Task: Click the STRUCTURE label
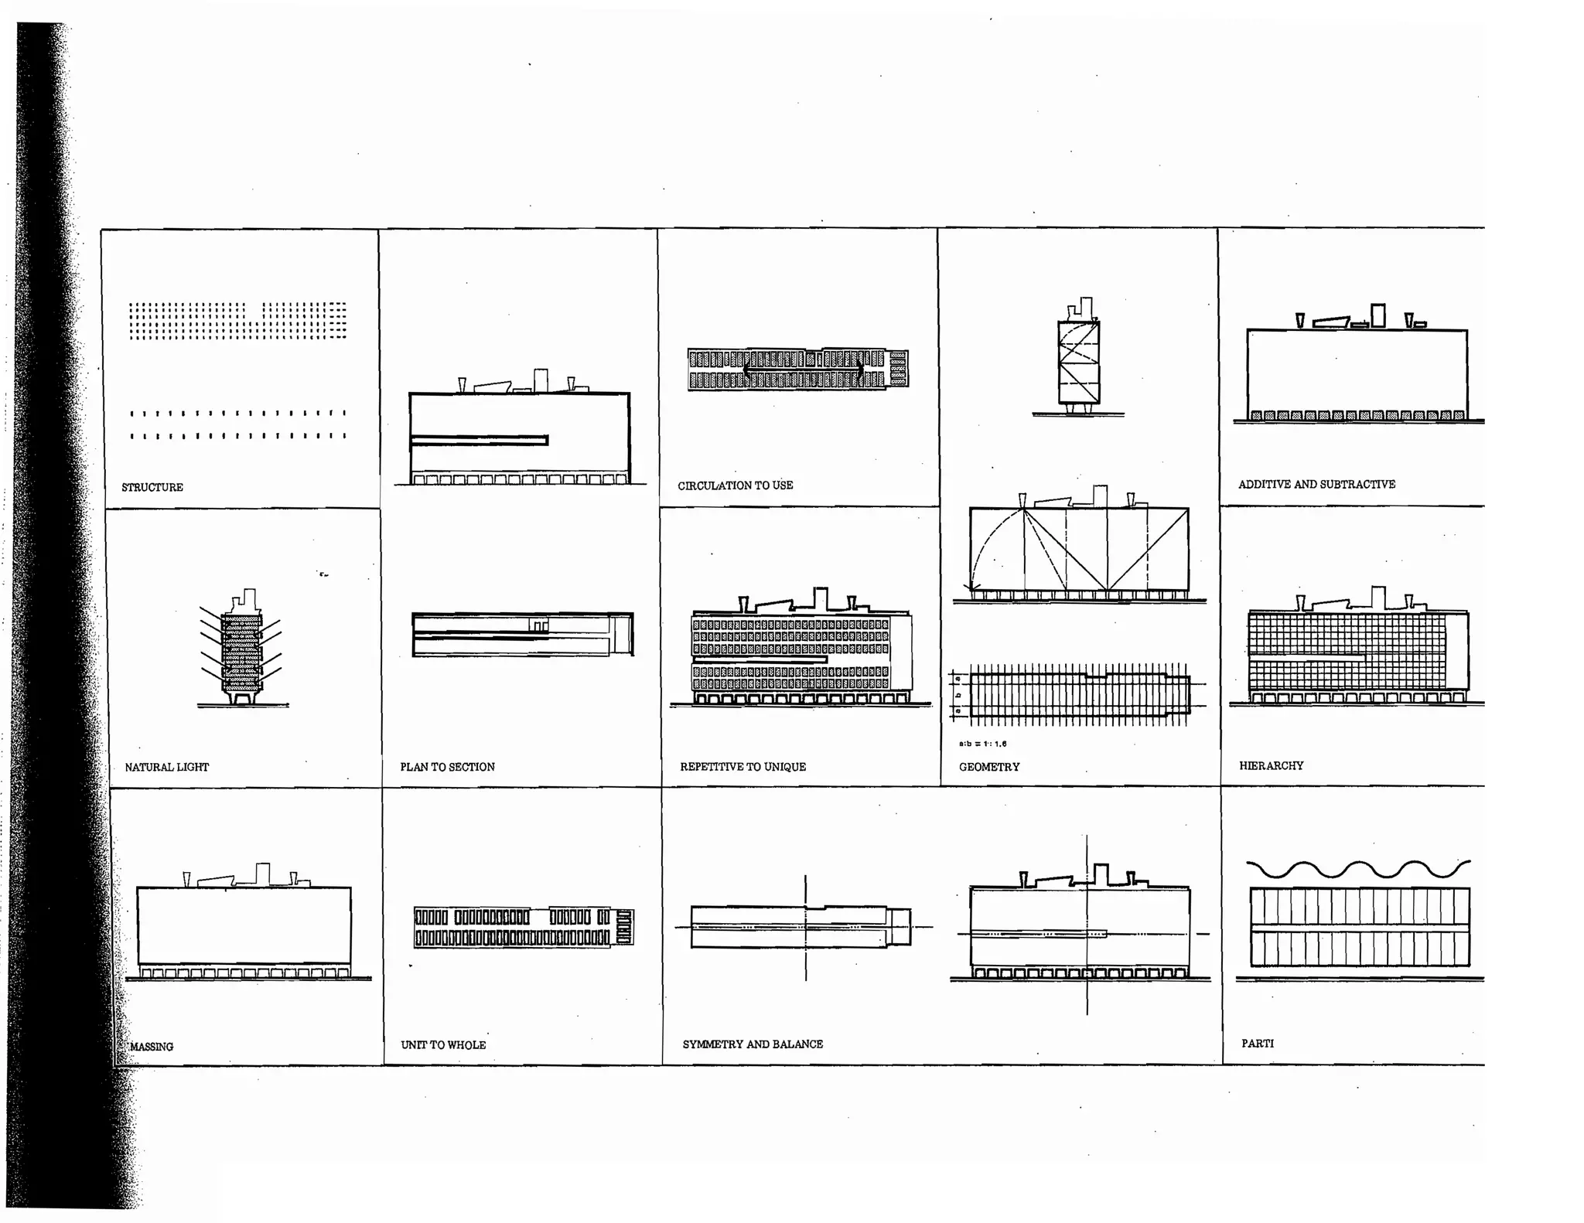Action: (x=152, y=487)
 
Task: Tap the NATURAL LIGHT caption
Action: (x=167, y=767)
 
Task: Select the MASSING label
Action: (x=152, y=1046)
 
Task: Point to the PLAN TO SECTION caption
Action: (x=447, y=767)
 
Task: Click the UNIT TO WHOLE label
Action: (x=443, y=1044)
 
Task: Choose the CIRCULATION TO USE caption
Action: (x=736, y=485)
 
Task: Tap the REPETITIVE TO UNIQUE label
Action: (x=742, y=766)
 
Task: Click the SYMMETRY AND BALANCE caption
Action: (x=753, y=1044)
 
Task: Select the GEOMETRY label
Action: (x=989, y=767)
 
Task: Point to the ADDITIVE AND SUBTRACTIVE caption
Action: (x=1316, y=484)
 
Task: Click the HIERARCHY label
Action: (x=1271, y=765)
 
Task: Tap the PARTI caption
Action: (x=1258, y=1043)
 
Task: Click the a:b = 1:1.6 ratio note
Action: (x=982, y=744)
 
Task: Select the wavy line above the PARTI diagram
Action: (x=1358, y=869)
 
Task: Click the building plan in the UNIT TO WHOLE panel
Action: (x=524, y=927)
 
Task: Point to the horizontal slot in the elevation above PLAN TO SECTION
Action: (x=480, y=441)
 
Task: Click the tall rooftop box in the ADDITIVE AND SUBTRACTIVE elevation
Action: (x=1377, y=315)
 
